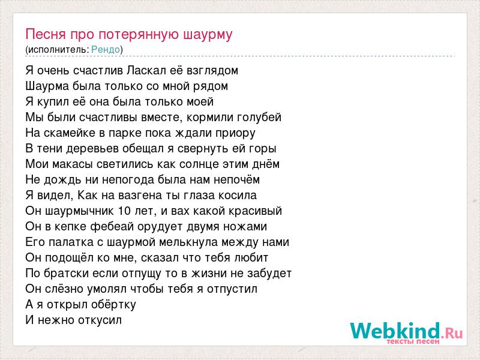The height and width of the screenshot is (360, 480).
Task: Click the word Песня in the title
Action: click(x=46, y=34)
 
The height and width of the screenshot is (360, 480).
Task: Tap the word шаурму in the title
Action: click(x=208, y=35)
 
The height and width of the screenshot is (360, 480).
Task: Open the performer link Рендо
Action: click(x=106, y=49)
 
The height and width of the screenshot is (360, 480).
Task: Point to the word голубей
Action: click(x=260, y=117)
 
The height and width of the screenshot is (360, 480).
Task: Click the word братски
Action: click(x=66, y=273)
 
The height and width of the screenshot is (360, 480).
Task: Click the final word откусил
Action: click(x=100, y=320)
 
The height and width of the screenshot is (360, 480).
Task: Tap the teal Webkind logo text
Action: click(x=395, y=331)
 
